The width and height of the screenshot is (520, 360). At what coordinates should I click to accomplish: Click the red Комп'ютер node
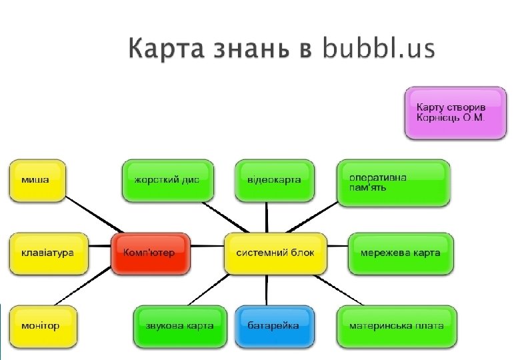pyautogui.click(x=151, y=253)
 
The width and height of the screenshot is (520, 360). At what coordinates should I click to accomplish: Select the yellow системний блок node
pyautogui.click(x=275, y=253)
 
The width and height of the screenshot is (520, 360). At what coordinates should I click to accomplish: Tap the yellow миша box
pyautogui.click(x=37, y=180)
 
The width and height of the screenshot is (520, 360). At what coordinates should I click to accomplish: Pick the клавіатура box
pyautogui.click(x=48, y=253)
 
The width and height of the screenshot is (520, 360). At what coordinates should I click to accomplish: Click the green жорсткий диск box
pyautogui.click(x=168, y=180)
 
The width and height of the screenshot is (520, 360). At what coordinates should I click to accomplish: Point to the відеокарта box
pyautogui.click(x=275, y=180)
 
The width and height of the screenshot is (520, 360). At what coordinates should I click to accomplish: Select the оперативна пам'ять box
pyautogui.click(x=393, y=182)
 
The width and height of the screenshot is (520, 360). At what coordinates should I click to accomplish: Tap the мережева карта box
pyautogui.click(x=400, y=253)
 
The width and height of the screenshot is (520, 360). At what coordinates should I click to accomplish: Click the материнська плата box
pyautogui.click(x=397, y=326)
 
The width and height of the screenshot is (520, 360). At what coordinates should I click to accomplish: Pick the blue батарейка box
pyautogui.click(x=273, y=326)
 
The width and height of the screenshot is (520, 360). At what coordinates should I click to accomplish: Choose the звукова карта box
pyautogui.click(x=179, y=326)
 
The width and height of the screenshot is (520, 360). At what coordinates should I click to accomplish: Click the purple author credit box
pyautogui.click(x=455, y=112)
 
